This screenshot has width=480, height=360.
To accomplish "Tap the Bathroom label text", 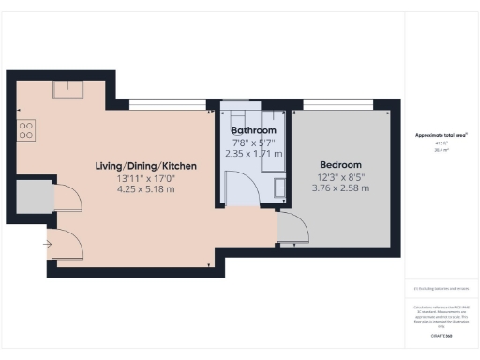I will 254,130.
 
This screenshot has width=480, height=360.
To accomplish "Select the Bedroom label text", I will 338,164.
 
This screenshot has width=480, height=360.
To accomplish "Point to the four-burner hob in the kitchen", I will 26,129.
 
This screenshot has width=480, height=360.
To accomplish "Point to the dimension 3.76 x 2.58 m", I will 339,187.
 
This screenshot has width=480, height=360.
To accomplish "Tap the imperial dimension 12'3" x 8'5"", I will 338,176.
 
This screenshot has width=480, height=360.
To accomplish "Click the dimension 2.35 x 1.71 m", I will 254,153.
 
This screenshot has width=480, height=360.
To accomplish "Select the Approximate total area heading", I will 442,135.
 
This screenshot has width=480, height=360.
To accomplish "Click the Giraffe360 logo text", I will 442,335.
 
